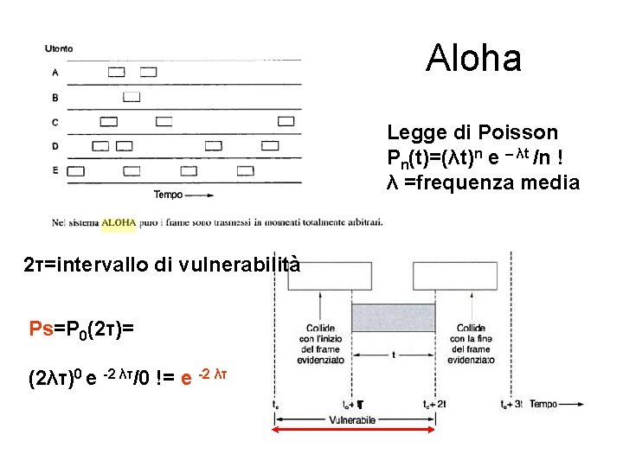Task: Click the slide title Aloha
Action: (x=473, y=59)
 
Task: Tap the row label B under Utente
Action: (x=55, y=98)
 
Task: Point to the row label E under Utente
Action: (x=55, y=170)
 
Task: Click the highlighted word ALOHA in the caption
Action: (x=119, y=222)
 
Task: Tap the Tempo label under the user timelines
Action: (x=168, y=195)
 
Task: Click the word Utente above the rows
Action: (x=60, y=49)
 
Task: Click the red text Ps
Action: (x=41, y=329)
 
